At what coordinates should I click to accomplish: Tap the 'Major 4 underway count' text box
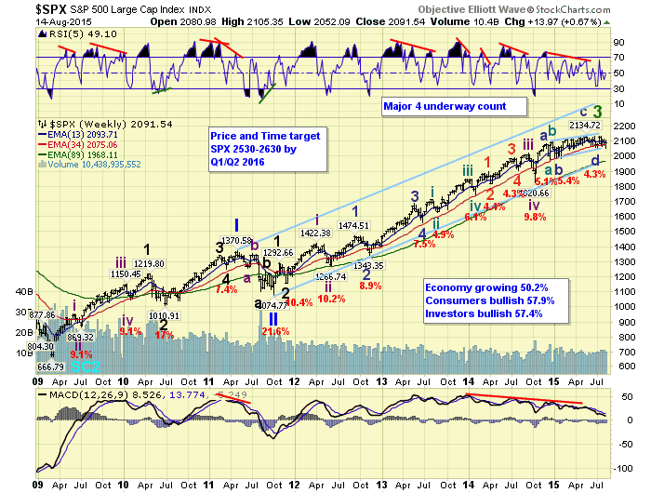[445, 106]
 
